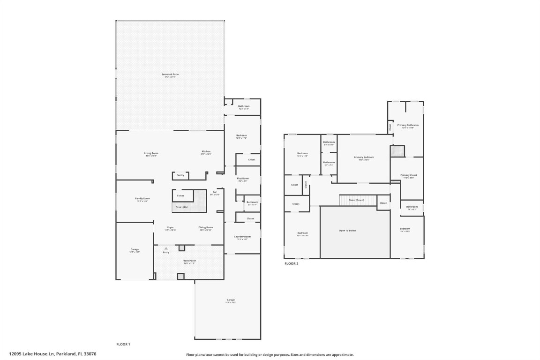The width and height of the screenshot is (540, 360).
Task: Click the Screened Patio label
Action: click(170, 74)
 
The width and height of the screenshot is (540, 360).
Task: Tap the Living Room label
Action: click(151, 153)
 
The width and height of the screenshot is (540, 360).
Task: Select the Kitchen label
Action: click(206, 151)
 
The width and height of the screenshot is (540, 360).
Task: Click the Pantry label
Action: click(180, 175)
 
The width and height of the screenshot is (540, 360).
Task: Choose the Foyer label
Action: click(170, 227)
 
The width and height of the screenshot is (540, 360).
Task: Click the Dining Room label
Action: click(206, 227)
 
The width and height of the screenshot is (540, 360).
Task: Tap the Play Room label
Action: click(242, 178)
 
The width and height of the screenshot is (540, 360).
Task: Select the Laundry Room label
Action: click(242, 236)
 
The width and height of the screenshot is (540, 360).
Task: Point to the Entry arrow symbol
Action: click(165, 248)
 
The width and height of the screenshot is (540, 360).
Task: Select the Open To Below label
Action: click(347, 230)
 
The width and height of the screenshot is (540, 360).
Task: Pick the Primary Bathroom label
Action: click(407, 125)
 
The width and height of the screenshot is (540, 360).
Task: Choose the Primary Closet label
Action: click(408, 175)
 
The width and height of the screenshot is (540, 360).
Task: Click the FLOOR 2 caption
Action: click(291, 263)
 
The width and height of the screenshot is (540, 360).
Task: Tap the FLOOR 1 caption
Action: click(123, 344)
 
